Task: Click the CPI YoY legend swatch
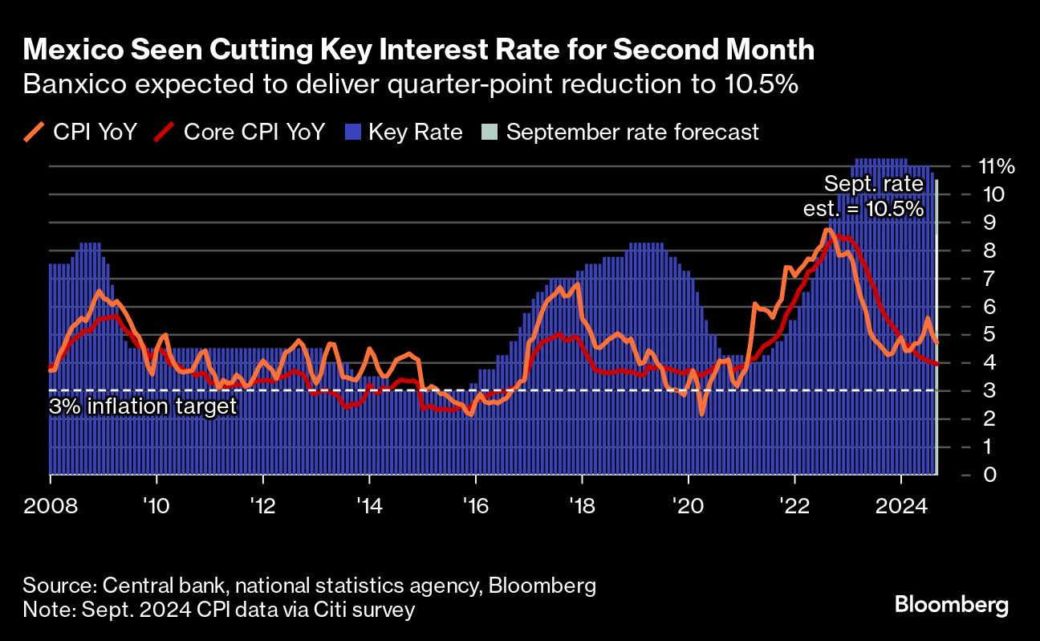pos(35,132)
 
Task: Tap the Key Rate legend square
pos(353,132)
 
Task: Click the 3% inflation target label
pos(143,406)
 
